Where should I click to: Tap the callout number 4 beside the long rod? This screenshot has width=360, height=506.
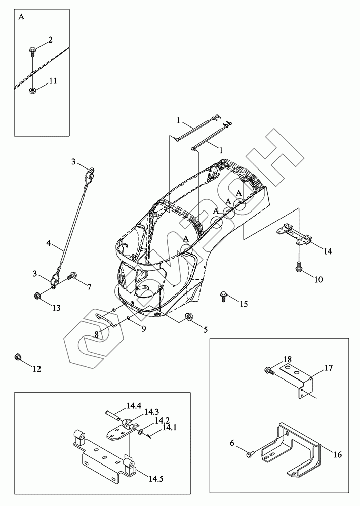tap(48, 243)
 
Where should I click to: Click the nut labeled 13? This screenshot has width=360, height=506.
tap(37, 295)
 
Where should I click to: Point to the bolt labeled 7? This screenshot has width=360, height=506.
tap(71, 276)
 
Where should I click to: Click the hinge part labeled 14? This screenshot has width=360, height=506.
tap(296, 235)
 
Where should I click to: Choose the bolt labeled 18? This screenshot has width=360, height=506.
tap(269, 371)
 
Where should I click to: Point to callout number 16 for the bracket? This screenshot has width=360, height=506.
tap(337, 454)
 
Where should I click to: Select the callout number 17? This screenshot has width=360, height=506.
tap(328, 368)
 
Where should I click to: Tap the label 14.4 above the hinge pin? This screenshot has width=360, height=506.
tap(133, 405)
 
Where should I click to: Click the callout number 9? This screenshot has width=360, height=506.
tap(143, 329)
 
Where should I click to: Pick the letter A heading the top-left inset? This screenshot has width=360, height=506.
tap(21, 17)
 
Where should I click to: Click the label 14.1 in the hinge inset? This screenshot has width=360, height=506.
tap(169, 429)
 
